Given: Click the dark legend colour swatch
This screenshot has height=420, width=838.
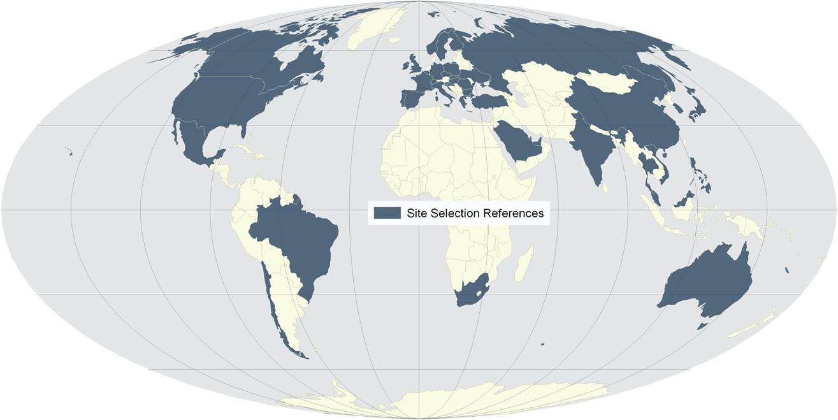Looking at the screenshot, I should (387, 214).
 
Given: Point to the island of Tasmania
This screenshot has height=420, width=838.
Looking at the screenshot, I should (701, 326).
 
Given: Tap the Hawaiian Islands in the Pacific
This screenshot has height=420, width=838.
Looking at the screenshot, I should (69, 152).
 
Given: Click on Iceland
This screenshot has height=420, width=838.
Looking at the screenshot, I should (393, 40).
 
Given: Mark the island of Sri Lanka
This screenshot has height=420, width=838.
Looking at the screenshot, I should (604, 187).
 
